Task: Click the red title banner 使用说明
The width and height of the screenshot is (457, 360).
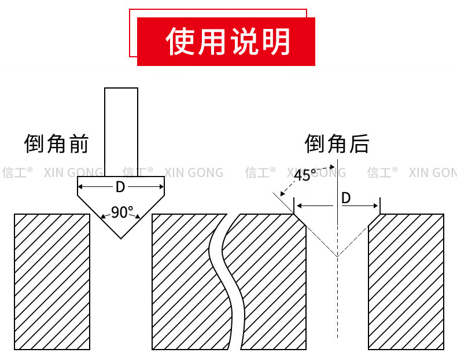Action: point(226,41)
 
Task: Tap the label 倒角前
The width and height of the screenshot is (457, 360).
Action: point(56,143)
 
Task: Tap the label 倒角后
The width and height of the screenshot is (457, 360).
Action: point(337,143)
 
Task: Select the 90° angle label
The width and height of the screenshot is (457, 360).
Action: point(121,212)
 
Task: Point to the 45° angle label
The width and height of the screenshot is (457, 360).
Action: point(305,175)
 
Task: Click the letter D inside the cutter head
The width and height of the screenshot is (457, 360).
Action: point(120,187)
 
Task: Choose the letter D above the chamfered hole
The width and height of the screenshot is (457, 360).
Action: point(346,198)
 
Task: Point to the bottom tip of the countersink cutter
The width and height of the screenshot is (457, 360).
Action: point(121,237)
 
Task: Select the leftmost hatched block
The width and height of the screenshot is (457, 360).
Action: point(52,281)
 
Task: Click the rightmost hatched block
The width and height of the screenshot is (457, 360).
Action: point(406,281)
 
